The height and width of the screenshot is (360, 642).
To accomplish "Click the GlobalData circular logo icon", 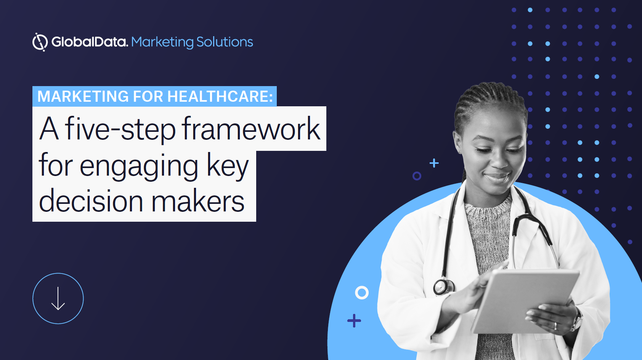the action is click(40, 42).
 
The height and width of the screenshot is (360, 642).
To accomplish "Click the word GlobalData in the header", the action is click(90, 42).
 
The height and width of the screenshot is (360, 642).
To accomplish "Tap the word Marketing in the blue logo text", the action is click(162, 42).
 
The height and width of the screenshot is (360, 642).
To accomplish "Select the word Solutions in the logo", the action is click(225, 42).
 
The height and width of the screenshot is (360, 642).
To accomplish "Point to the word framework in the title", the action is click(251, 129).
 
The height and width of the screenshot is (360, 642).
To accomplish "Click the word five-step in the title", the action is click(120, 129).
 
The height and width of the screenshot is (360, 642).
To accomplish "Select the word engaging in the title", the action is click(139, 167).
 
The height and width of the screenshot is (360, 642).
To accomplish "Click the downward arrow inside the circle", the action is click(58, 298).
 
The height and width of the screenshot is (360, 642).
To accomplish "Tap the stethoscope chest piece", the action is click(443, 286).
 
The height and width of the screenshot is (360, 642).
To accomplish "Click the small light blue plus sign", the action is click(434, 163).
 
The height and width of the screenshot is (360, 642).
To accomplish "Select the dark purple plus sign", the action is click(354, 320).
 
